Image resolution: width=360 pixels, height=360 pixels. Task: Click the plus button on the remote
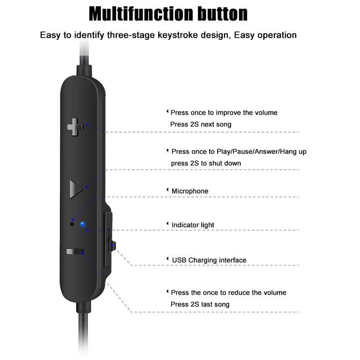tap(75, 127)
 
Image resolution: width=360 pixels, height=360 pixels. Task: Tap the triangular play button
tap(75, 189)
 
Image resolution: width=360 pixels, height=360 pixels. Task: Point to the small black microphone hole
tap(72, 224)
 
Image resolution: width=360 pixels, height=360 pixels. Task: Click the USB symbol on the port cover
tap(110, 239)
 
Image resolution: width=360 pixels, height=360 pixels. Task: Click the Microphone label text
tap(190, 191)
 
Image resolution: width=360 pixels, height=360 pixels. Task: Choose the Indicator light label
tap(193, 225)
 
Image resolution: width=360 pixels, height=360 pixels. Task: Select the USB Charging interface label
tap(209, 260)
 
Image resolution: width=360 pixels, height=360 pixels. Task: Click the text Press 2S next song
tap(201, 124)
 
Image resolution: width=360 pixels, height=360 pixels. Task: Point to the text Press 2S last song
tap(200, 304)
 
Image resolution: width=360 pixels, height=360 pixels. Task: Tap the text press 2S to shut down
tap(206, 163)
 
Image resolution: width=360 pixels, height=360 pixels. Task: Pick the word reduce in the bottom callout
tap(239, 292)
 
